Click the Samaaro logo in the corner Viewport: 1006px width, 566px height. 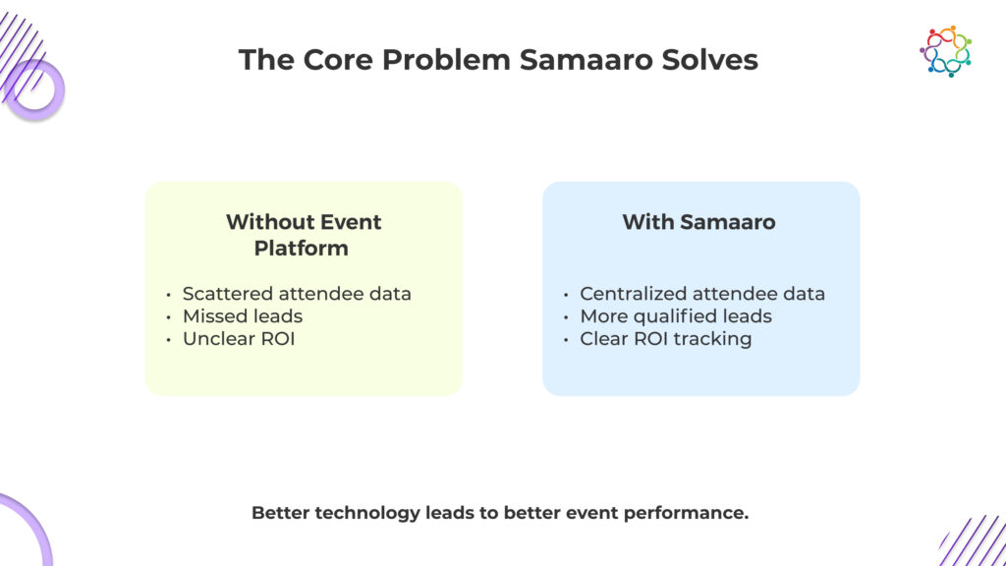(945, 50)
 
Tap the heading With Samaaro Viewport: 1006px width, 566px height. (699, 222)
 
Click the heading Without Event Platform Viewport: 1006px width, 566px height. (303, 235)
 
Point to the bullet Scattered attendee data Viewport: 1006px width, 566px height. (297, 294)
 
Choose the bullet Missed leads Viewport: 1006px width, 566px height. (242, 316)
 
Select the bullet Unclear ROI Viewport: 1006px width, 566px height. (239, 339)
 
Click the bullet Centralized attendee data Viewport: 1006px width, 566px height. (701, 294)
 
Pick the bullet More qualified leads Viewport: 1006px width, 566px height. (675, 316)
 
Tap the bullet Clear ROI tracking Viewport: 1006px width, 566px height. (665, 339)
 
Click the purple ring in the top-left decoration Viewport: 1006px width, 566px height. (35, 89)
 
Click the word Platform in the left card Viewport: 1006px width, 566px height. (302, 249)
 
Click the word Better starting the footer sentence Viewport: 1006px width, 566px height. (281, 513)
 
